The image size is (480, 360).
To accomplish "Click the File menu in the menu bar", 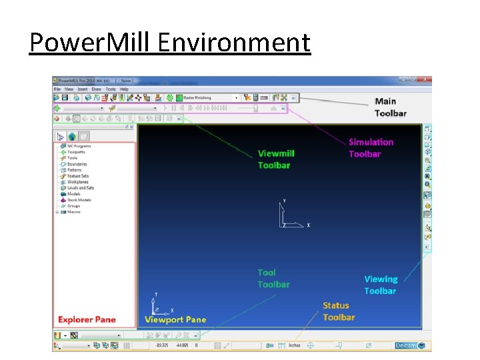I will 57,89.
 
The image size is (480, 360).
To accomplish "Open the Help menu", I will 124,89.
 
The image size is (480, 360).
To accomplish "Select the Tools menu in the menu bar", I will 111,89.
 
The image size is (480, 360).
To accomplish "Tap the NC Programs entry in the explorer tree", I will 79,146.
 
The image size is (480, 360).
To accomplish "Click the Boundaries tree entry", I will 77,164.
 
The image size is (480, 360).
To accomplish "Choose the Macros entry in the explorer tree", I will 73,212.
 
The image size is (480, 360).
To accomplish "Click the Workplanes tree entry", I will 77,182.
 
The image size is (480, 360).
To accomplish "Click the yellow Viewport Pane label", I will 175,319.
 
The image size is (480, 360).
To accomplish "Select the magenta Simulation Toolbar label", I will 371,147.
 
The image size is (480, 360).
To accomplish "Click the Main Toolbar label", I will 390,107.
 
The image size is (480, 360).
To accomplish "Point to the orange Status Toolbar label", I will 339,311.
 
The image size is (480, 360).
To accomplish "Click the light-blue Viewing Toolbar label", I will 380,285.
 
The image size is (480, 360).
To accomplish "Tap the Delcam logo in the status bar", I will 405,345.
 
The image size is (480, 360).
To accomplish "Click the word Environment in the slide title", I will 235,42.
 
